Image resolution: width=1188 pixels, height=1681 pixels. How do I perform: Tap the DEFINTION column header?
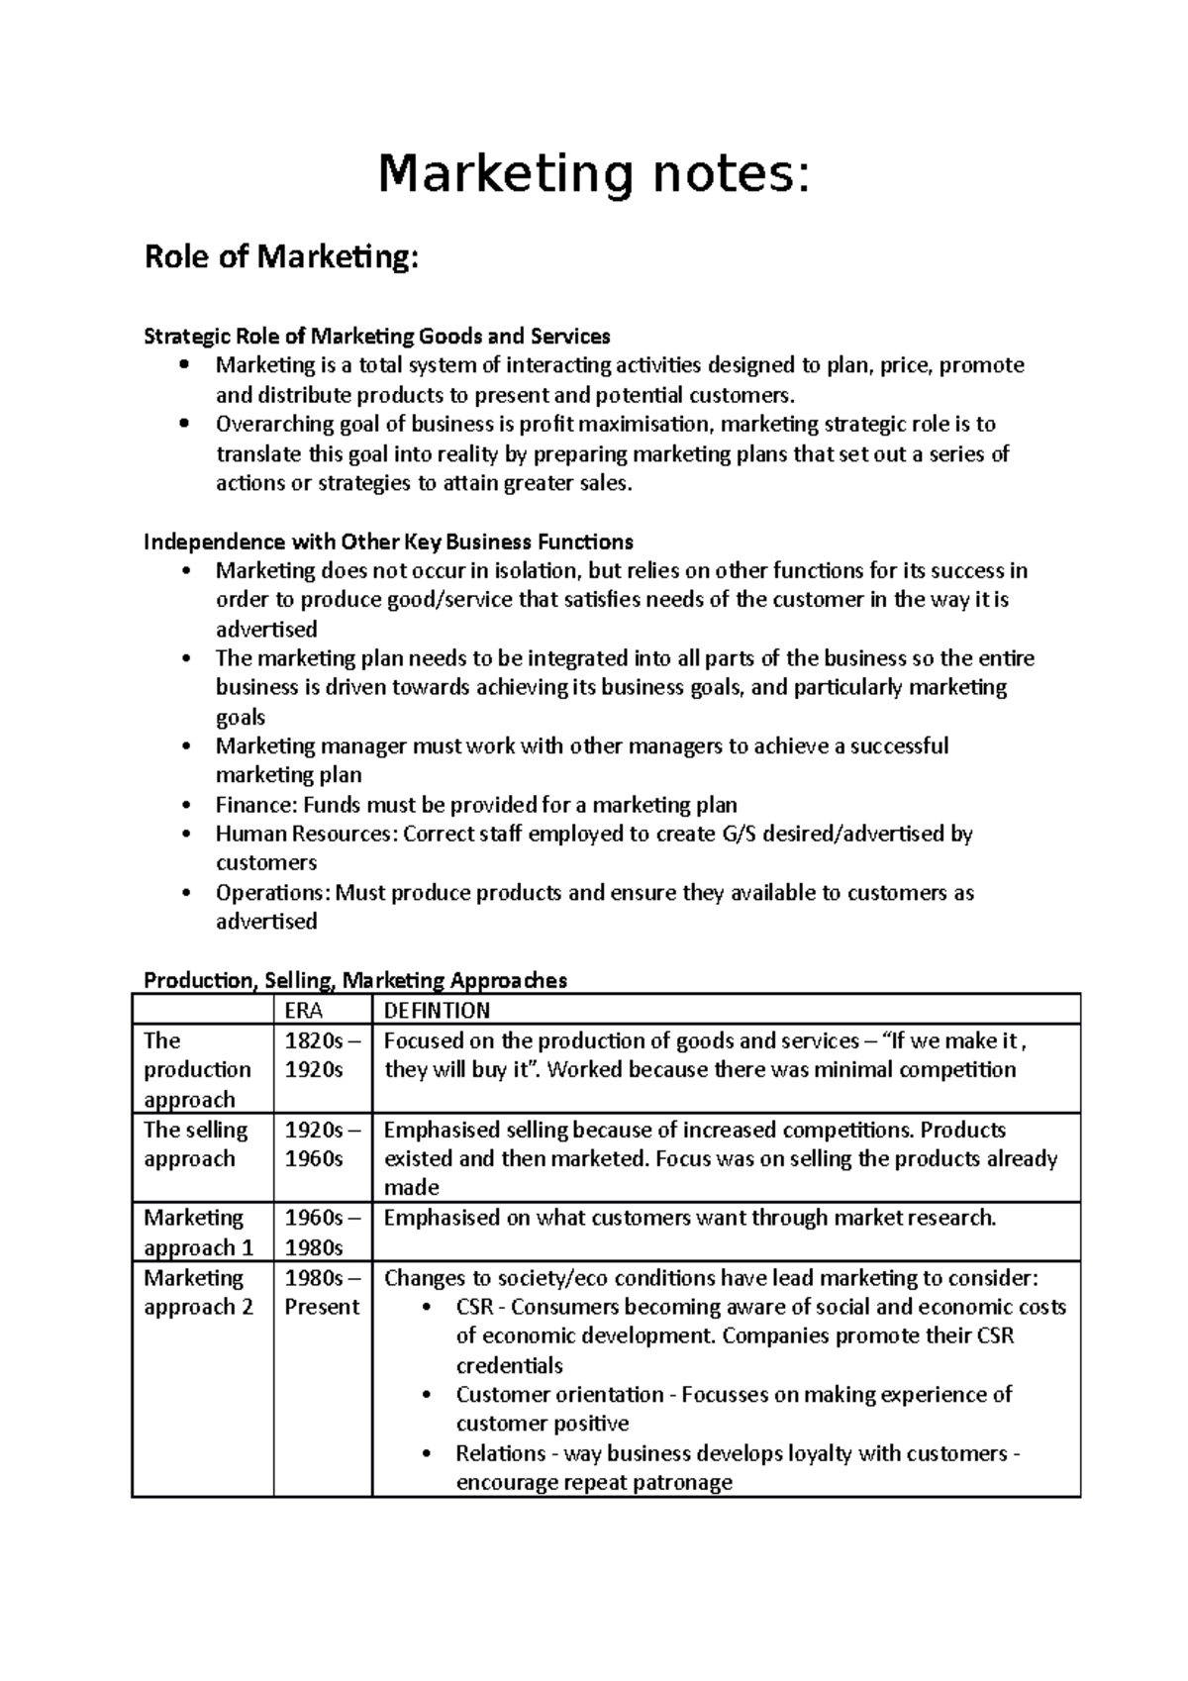pyautogui.click(x=437, y=1010)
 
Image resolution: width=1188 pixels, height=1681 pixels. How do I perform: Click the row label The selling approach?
pyautogui.click(x=196, y=1143)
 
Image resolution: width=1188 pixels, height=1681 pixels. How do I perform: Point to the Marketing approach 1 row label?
pyautogui.click(x=198, y=1232)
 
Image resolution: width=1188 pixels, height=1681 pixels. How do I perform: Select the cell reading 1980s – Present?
pyautogui.click(x=321, y=1292)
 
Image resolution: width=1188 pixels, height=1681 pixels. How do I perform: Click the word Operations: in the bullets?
pyautogui.click(x=273, y=893)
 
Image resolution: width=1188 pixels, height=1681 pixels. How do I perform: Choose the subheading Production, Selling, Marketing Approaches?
pyautogui.click(x=355, y=980)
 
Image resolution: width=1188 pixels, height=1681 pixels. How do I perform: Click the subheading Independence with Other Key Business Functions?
pyautogui.click(x=388, y=542)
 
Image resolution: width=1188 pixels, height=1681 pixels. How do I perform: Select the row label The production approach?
pyautogui.click(x=197, y=1069)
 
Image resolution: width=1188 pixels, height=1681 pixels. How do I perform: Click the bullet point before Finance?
pyautogui.click(x=185, y=805)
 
